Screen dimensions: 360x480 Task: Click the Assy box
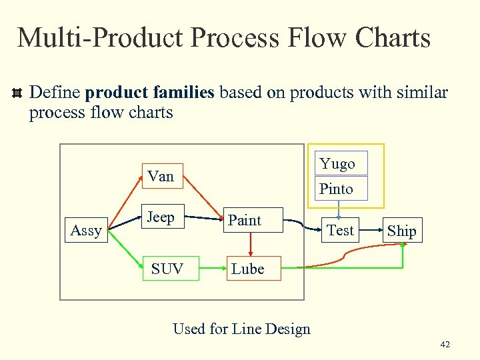[x=87, y=231]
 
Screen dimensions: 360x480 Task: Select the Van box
[x=161, y=177]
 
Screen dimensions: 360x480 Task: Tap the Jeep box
[x=161, y=217]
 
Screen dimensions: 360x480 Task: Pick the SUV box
[x=167, y=269]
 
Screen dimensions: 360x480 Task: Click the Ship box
[x=401, y=231]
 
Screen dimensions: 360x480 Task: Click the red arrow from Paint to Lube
[x=251, y=244]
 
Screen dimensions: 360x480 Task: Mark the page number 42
[x=445, y=345]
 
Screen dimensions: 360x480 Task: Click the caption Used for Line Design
[x=241, y=329]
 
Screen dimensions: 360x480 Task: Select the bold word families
[x=183, y=92]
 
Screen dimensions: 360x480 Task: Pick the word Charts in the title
[x=393, y=37]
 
